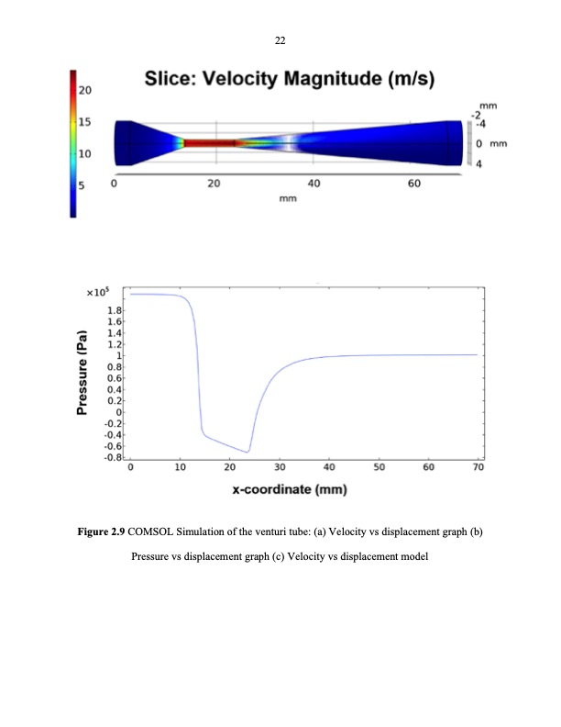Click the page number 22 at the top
pos(280,40)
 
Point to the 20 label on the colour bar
pos(84,91)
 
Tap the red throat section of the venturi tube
pos(211,143)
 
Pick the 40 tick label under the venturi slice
pos(313,184)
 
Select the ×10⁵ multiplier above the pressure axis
pos(97,293)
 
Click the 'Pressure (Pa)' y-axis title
pos(82,372)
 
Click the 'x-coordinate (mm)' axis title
pos(289,489)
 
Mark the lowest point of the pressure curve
pos(247,452)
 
